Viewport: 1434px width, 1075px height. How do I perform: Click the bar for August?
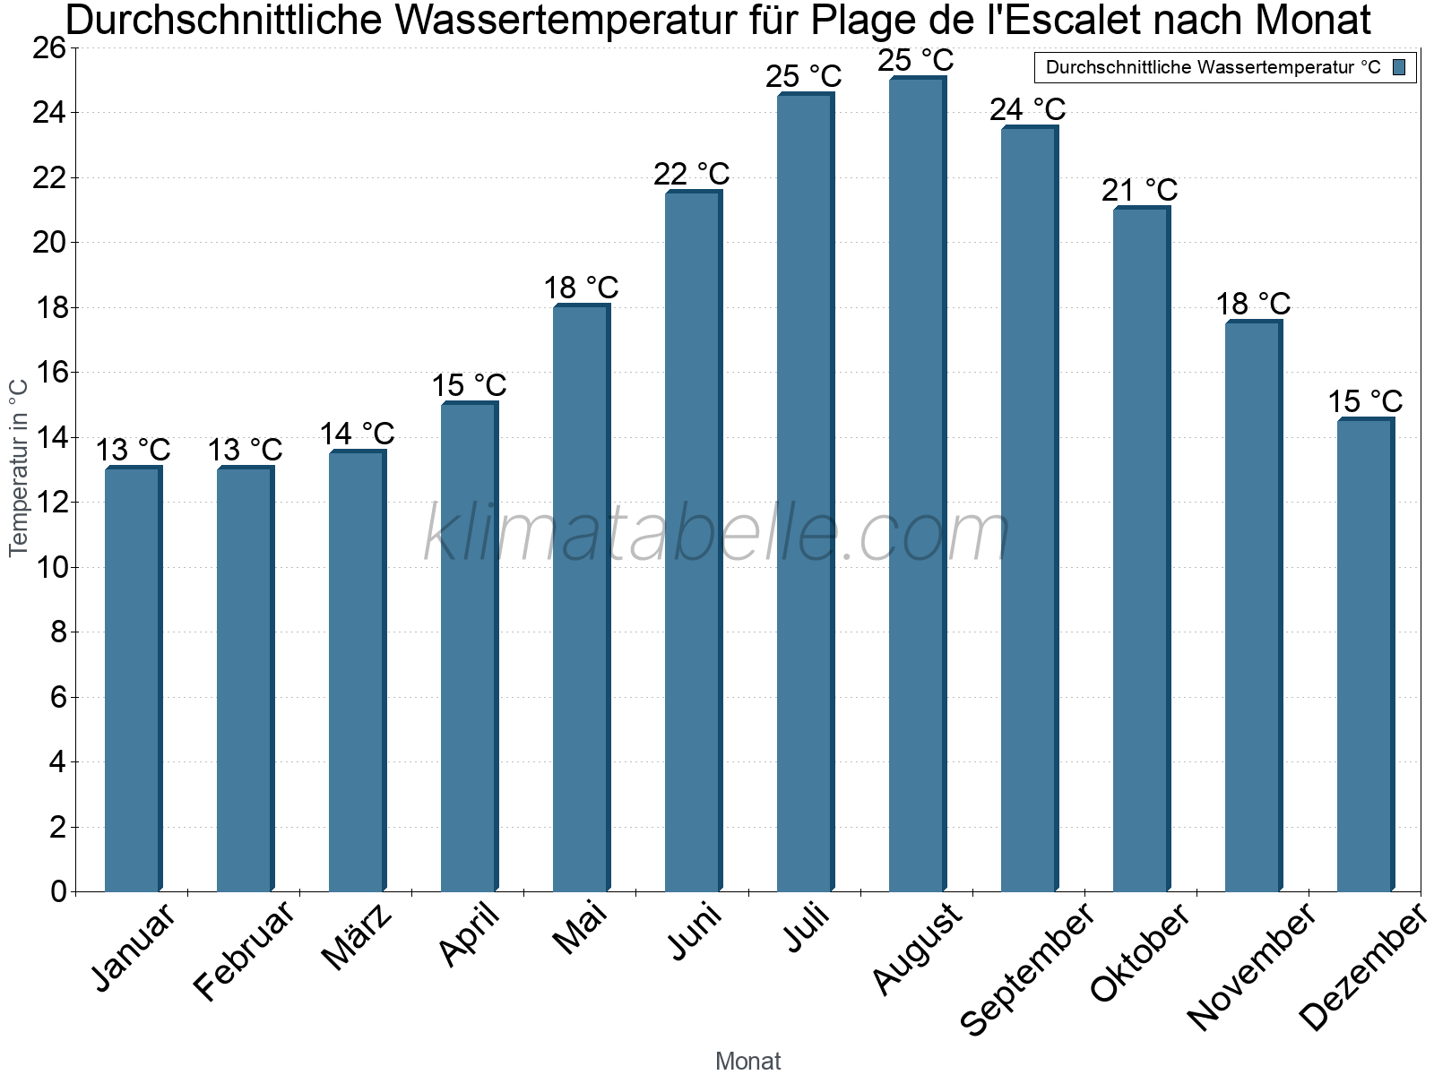[917, 484]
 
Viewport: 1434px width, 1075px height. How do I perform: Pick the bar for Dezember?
[1365, 655]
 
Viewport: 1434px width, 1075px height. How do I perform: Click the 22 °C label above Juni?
[691, 175]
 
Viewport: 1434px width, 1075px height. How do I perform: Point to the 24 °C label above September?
[1027, 110]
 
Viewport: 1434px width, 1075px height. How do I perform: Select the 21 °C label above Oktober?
[1139, 191]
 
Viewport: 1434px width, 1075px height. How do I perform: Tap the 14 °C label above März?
[357, 434]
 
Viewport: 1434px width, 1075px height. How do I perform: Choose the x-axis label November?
[1252, 967]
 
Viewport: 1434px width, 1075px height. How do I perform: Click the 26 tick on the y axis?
[50, 48]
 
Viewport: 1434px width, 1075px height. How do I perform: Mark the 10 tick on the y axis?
[50, 568]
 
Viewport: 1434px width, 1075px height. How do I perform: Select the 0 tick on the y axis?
[59, 892]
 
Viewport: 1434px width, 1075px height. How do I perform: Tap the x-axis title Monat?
[747, 1062]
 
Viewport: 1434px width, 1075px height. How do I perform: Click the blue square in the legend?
[1400, 67]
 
